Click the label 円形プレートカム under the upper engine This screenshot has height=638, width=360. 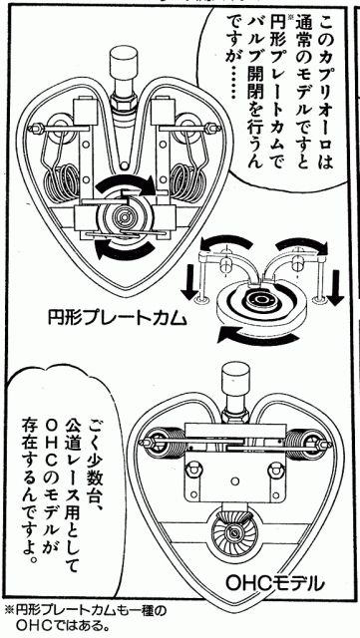coord(118,319)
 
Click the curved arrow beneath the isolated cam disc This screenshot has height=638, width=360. coord(254,337)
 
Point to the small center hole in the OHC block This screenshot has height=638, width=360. coord(234,481)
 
